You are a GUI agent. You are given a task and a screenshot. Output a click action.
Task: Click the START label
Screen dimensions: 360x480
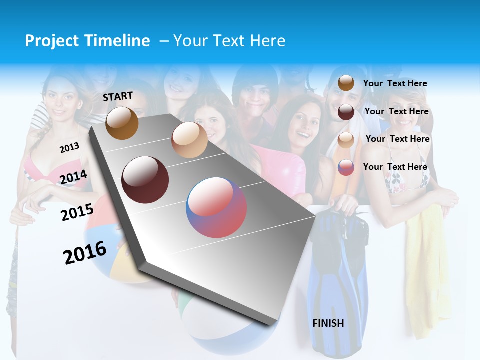(x=118, y=96)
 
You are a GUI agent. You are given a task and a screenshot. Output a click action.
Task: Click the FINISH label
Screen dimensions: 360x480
(x=328, y=323)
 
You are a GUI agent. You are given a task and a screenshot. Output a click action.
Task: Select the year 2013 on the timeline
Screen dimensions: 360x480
(x=69, y=148)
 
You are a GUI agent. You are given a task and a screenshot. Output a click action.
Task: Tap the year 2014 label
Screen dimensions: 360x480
(x=74, y=177)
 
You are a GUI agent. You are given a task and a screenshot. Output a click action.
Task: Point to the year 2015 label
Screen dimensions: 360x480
(x=77, y=212)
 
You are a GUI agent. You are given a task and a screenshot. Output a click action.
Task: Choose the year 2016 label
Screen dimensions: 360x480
(x=85, y=253)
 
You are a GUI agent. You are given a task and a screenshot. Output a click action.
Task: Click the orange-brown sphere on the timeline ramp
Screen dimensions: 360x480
(x=122, y=123)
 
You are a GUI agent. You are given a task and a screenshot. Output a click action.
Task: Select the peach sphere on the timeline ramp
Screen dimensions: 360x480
(x=189, y=140)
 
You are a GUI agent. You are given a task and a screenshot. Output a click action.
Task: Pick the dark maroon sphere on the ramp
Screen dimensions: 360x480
(x=145, y=180)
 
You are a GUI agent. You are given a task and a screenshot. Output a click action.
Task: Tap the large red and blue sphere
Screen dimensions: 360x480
(x=216, y=207)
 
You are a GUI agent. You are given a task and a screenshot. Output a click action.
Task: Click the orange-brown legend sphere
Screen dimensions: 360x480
(x=346, y=83)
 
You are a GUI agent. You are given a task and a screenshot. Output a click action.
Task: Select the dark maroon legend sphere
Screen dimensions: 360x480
(x=346, y=112)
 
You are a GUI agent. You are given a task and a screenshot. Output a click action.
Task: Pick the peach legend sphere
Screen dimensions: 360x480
(x=346, y=140)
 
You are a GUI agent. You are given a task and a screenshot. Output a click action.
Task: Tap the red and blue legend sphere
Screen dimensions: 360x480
(x=346, y=167)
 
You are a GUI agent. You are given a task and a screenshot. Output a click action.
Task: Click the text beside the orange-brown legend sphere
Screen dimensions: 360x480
(x=395, y=83)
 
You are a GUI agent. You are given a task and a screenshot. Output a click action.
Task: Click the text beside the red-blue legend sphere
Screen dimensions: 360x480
(x=395, y=167)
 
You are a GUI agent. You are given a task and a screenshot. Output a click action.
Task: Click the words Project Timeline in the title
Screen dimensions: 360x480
(x=87, y=41)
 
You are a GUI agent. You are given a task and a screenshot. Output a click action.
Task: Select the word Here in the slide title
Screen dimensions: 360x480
(x=267, y=41)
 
